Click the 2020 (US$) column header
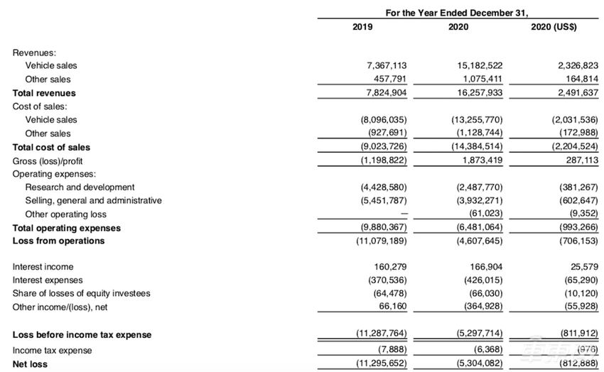[x=554, y=28]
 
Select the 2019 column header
[x=362, y=28]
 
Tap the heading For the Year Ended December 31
[x=458, y=12]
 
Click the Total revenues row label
[x=44, y=93]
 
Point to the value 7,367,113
[x=387, y=65]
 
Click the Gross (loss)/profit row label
[x=51, y=160]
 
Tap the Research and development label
[x=80, y=187]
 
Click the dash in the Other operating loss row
[x=403, y=214]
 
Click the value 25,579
[x=583, y=267]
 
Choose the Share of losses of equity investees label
[x=82, y=294]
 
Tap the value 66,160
[x=392, y=307]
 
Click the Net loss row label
[x=31, y=364]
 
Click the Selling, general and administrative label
[x=93, y=201]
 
